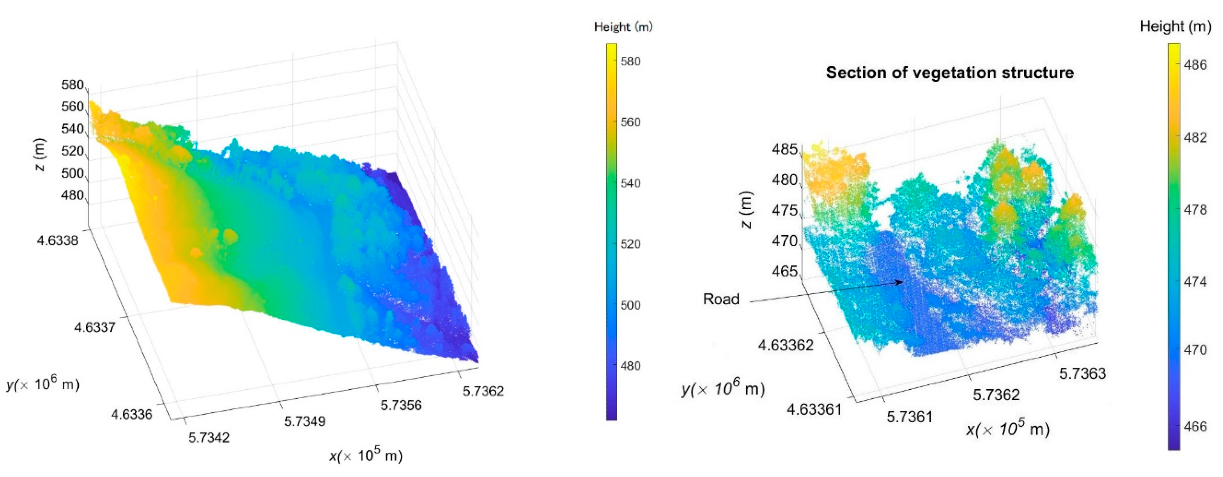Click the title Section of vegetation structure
pos(949,73)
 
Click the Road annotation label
pos(721,299)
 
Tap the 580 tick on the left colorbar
pos(630,61)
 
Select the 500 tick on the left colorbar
pos(630,305)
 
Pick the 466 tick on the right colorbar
pos(1195,427)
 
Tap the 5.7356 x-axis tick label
pos(401,405)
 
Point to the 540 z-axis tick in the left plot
pos(73,129)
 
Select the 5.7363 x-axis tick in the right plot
pos(1083,374)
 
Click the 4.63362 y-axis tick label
pos(786,345)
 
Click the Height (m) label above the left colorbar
pos(623,27)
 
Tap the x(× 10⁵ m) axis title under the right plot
pos(1008,429)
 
